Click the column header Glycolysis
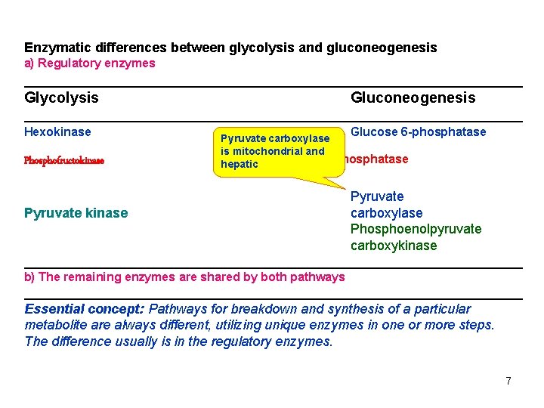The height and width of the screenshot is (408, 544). pos(61,97)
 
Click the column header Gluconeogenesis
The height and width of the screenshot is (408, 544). pos(413,97)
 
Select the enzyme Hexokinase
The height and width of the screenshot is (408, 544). pos(57,132)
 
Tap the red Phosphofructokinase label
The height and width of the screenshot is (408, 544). pos(64,161)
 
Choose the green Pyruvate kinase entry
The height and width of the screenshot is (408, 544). pos(76,213)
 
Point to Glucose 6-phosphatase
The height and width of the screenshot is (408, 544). pos(419,132)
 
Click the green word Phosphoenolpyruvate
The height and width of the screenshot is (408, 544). pos(416,229)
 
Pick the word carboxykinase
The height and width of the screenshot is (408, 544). pos(393,246)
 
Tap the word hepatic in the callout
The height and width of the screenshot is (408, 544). pos(240,165)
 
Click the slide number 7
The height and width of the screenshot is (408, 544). pos(508,381)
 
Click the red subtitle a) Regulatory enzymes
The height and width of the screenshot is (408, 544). pos(89,63)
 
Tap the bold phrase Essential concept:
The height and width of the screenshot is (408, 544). pos(85,309)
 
